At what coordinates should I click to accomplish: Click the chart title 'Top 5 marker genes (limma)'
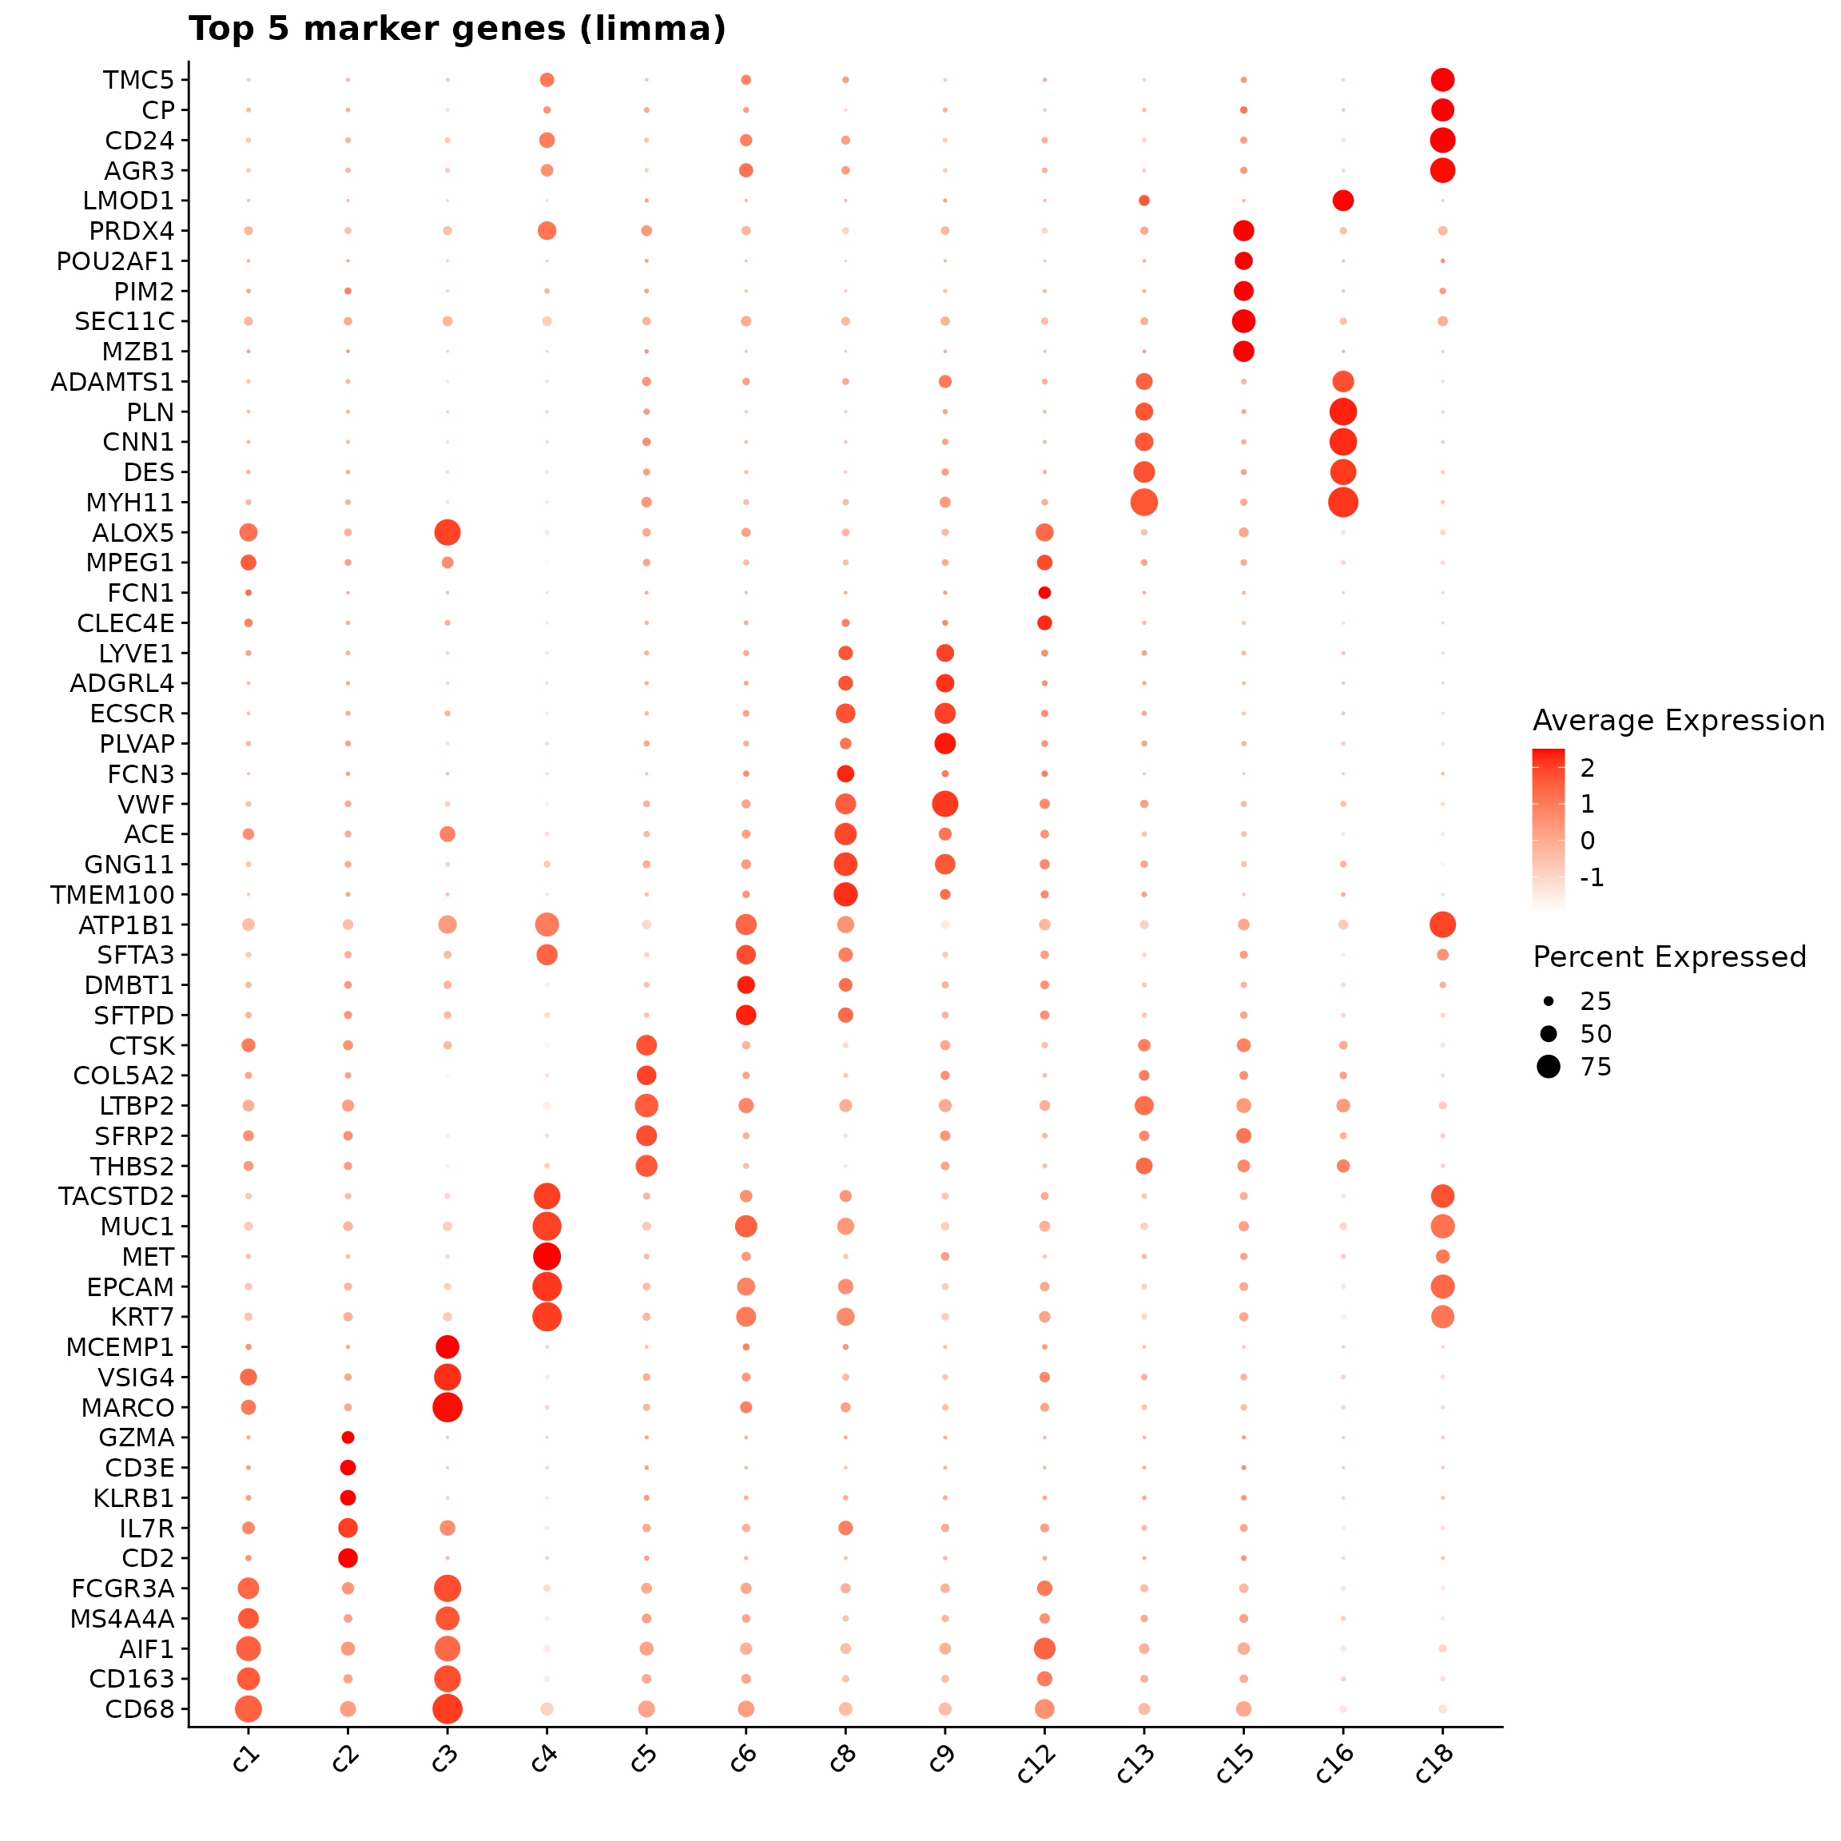tap(457, 30)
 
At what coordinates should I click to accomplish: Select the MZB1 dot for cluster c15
tap(1243, 352)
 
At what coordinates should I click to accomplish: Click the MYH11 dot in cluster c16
tap(1342, 502)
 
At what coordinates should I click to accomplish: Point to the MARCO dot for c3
tap(447, 1407)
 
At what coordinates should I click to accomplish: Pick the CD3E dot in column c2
tap(348, 1468)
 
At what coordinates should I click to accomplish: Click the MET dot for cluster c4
tap(547, 1257)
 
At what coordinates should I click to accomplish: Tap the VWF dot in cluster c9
tap(944, 805)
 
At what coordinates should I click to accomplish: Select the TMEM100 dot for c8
tap(845, 895)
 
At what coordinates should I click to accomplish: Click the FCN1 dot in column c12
tap(1044, 593)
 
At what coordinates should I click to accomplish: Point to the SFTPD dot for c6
tap(746, 1015)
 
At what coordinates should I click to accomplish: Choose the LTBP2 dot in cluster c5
tap(646, 1105)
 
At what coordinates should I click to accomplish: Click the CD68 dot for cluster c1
tap(249, 1709)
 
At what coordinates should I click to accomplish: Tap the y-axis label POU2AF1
tap(115, 261)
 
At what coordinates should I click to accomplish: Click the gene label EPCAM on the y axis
tap(130, 1287)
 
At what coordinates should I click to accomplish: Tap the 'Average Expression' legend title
tap(1678, 721)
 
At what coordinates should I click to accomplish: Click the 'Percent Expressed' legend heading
tap(1669, 956)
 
